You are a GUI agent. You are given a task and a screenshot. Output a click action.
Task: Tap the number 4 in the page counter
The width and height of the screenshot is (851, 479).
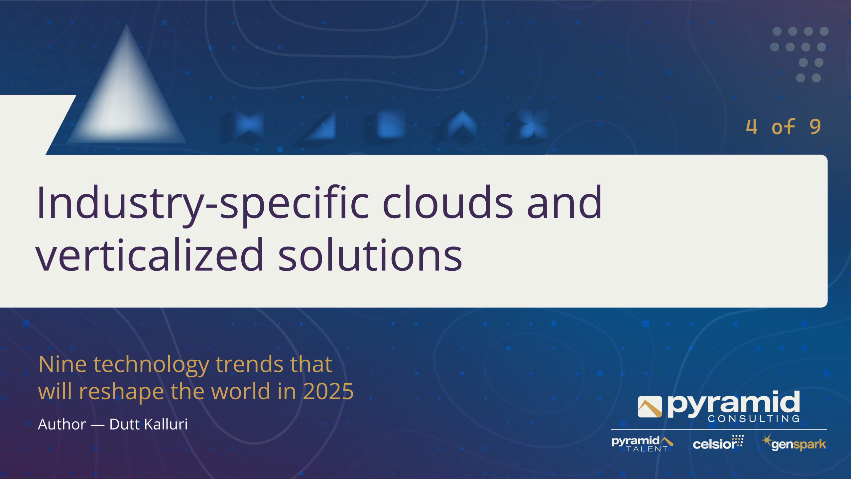coord(752,127)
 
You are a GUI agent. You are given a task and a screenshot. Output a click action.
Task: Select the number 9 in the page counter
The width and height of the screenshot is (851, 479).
coord(815,127)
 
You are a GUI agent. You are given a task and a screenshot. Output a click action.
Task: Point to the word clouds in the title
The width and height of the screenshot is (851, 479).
coord(448,203)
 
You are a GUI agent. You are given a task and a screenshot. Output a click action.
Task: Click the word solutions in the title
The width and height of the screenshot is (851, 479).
coord(370,254)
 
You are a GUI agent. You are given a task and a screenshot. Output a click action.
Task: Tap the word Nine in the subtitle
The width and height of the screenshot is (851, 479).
coord(63,364)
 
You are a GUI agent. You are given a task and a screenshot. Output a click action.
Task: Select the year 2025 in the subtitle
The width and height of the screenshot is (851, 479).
coord(328,391)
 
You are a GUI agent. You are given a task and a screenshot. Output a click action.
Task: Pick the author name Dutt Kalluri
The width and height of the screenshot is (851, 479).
coord(149,424)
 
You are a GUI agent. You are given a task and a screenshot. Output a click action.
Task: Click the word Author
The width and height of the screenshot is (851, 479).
coord(62,424)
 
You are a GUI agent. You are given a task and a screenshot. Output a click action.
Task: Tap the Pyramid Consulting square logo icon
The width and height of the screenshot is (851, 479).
coord(650,407)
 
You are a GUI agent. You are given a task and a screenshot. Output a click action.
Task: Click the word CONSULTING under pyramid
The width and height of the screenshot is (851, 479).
coord(754,419)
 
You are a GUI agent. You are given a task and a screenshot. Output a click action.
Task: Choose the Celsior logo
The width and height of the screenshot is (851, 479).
coord(718,442)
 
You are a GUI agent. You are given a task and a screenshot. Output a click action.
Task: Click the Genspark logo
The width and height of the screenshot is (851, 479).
coord(794,442)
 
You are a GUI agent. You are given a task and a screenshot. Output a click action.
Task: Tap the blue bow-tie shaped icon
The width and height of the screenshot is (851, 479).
coord(249,124)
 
